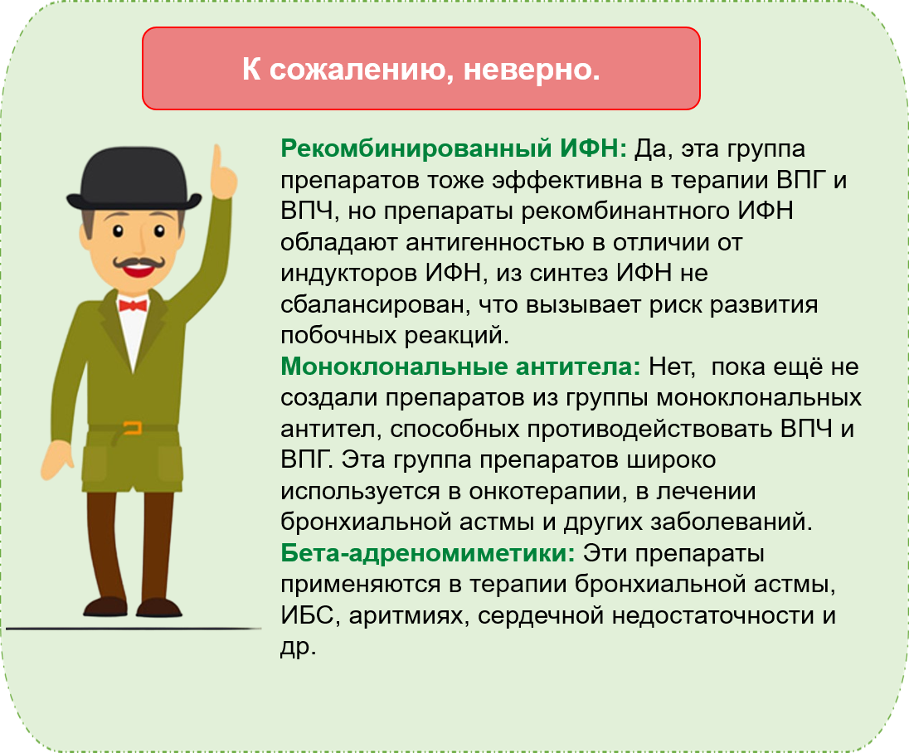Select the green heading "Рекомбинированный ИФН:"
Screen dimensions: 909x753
click(x=454, y=149)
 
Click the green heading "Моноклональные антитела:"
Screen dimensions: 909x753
click(x=460, y=367)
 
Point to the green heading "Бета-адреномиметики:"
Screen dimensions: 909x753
click(x=428, y=553)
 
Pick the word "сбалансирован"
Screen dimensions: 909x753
click(x=375, y=304)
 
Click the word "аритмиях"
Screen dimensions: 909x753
click(x=408, y=615)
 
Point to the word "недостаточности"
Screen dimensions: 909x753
click(x=712, y=615)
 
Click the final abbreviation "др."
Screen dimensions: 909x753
click(x=298, y=647)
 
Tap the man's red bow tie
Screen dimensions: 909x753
click(x=133, y=305)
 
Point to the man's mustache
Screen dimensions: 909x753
click(x=139, y=263)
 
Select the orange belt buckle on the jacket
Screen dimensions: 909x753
click(x=133, y=429)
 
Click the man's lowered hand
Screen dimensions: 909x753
click(x=56, y=459)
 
